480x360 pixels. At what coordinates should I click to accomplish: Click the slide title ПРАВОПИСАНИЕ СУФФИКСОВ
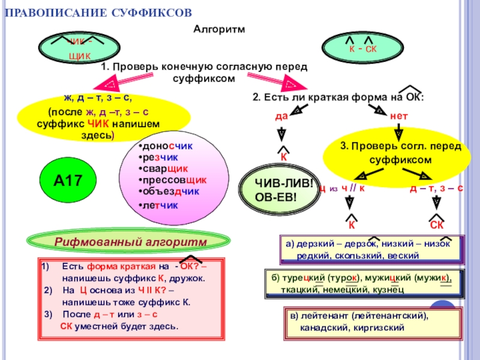click(x=99, y=13)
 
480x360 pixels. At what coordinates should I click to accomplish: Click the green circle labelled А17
click(x=67, y=179)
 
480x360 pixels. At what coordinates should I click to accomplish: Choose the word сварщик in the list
click(x=166, y=169)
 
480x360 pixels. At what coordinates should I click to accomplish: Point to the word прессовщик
click(x=175, y=180)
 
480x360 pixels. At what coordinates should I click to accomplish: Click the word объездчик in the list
click(x=171, y=191)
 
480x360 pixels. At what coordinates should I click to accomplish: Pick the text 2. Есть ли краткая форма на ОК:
click(x=338, y=97)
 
